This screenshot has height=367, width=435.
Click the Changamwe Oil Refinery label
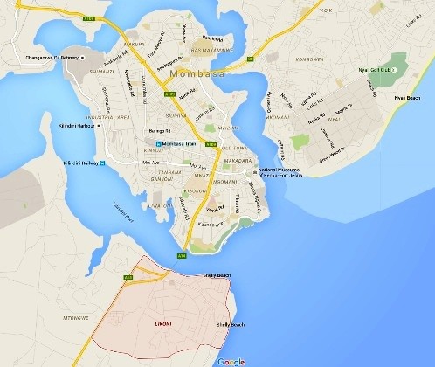[42, 59]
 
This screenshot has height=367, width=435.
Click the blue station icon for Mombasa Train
[158, 144]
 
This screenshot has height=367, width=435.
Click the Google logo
[231, 360]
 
